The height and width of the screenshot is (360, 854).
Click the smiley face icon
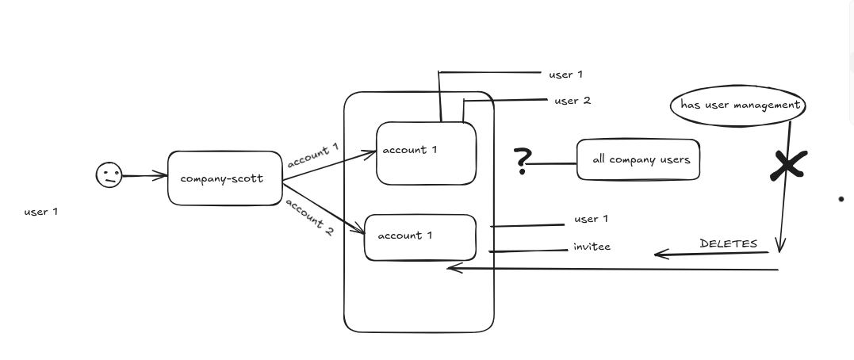click(109, 175)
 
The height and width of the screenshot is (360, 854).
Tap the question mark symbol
click(523, 161)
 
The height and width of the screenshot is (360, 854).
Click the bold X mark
click(788, 166)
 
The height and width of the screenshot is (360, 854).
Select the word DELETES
click(728, 243)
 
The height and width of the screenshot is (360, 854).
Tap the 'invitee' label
click(592, 247)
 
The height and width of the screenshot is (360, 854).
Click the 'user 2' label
click(573, 101)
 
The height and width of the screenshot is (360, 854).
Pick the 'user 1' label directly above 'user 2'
click(566, 75)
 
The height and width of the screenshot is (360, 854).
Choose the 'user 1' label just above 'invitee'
click(591, 219)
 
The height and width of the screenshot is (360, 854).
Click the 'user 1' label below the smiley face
click(41, 212)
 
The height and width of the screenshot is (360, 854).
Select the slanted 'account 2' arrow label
click(309, 217)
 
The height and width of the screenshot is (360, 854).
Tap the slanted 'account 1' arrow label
click(313, 155)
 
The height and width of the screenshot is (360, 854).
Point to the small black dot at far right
click(841, 199)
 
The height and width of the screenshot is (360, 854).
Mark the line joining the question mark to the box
click(552, 163)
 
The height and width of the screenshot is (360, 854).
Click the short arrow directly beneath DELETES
click(711, 253)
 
